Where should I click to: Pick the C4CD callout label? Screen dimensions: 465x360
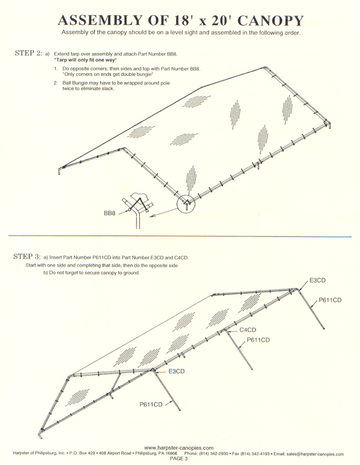248,330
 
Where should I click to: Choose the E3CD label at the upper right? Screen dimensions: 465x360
318,280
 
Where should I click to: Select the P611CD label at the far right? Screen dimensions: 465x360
330,300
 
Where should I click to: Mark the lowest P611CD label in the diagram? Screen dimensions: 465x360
151,404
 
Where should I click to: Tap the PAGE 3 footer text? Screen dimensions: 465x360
178,459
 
